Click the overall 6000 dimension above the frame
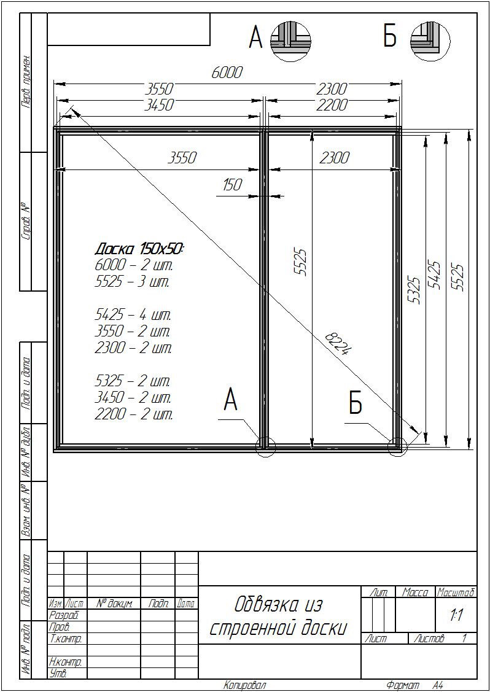(x=227, y=73)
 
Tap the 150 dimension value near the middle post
(x=233, y=184)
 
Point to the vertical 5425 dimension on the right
(x=436, y=274)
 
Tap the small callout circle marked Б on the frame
(x=397, y=446)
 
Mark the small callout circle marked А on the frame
(x=266, y=446)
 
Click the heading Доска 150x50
(x=139, y=249)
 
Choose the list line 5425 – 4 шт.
(x=133, y=316)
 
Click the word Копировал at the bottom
(x=245, y=685)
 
